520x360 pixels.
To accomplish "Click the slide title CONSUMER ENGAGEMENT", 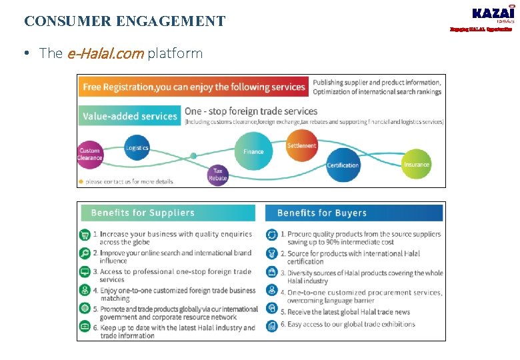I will tap(125, 21).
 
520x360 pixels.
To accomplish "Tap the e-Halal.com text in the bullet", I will tap(105, 53).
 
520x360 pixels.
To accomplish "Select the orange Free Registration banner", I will tap(193, 87).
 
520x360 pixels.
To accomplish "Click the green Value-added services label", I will tap(130, 116).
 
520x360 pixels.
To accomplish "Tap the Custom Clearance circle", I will tap(90, 154).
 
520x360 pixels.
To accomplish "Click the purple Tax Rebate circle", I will tap(217, 175).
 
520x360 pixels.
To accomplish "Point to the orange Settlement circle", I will tap(302, 146).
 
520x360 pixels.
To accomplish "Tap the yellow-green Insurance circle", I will tap(417, 164).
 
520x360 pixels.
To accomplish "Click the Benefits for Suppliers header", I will tap(167, 213).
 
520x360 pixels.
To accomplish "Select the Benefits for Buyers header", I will tap(353, 213).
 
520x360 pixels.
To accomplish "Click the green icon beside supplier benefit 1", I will tap(85, 235).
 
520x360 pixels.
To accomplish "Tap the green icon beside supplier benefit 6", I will tap(85, 327).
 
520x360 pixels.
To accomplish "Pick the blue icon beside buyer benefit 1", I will tap(272, 235).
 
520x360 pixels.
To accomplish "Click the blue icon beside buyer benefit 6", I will tap(272, 325).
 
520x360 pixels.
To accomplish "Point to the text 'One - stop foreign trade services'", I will tap(251, 111).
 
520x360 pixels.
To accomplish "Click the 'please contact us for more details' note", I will tap(129, 181).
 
